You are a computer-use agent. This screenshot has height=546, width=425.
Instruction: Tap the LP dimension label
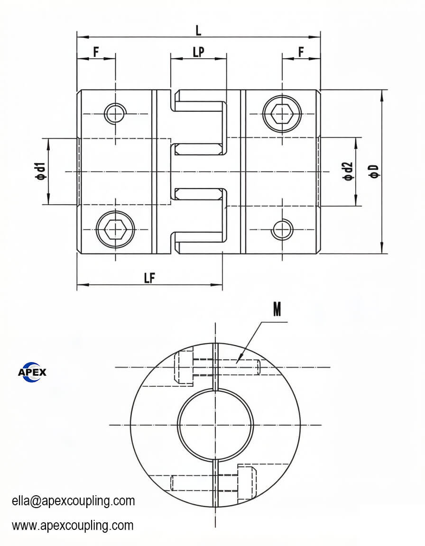pyautogui.click(x=199, y=52)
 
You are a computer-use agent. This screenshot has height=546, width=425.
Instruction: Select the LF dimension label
pyautogui.click(x=149, y=278)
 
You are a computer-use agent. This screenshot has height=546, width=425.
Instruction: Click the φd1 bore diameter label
pyautogui.click(x=41, y=171)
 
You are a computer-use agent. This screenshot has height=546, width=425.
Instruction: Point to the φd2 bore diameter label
pyautogui.click(x=348, y=171)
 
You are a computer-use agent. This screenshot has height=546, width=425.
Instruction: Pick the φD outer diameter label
pyautogui.click(x=375, y=171)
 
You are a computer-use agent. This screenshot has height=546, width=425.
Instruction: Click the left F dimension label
pyautogui.click(x=96, y=52)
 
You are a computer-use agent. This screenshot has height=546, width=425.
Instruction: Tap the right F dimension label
pyautogui.click(x=301, y=52)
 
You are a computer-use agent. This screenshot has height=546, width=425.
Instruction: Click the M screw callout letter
pyautogui.click(x=277, y=309)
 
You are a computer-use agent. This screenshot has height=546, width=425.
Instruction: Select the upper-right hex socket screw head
pyautogui.click(x=282, y=114)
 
